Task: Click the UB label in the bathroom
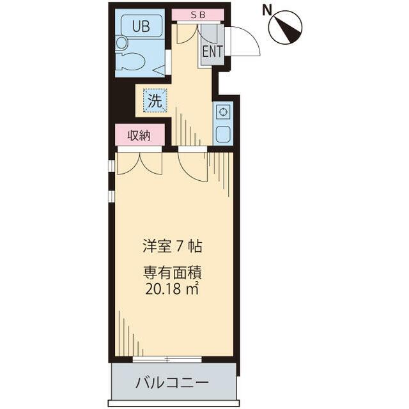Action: pos(141,26)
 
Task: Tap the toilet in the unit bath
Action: pos(130,62)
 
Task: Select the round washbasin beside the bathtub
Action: pos(121,43)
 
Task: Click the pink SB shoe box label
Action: pos(198,15)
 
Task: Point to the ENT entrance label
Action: pos(213,51)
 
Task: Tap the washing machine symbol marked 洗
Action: pos(155,100)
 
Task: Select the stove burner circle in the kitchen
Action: pos(222,112)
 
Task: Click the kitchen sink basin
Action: pos(222,134)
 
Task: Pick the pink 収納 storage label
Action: pos(139,135)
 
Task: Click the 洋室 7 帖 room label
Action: pos(172,246)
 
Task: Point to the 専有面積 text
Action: pos(173,273)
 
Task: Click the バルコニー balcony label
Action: pos(172,383)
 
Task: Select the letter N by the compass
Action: pos(266,10)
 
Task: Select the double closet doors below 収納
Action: pos(140,163)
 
